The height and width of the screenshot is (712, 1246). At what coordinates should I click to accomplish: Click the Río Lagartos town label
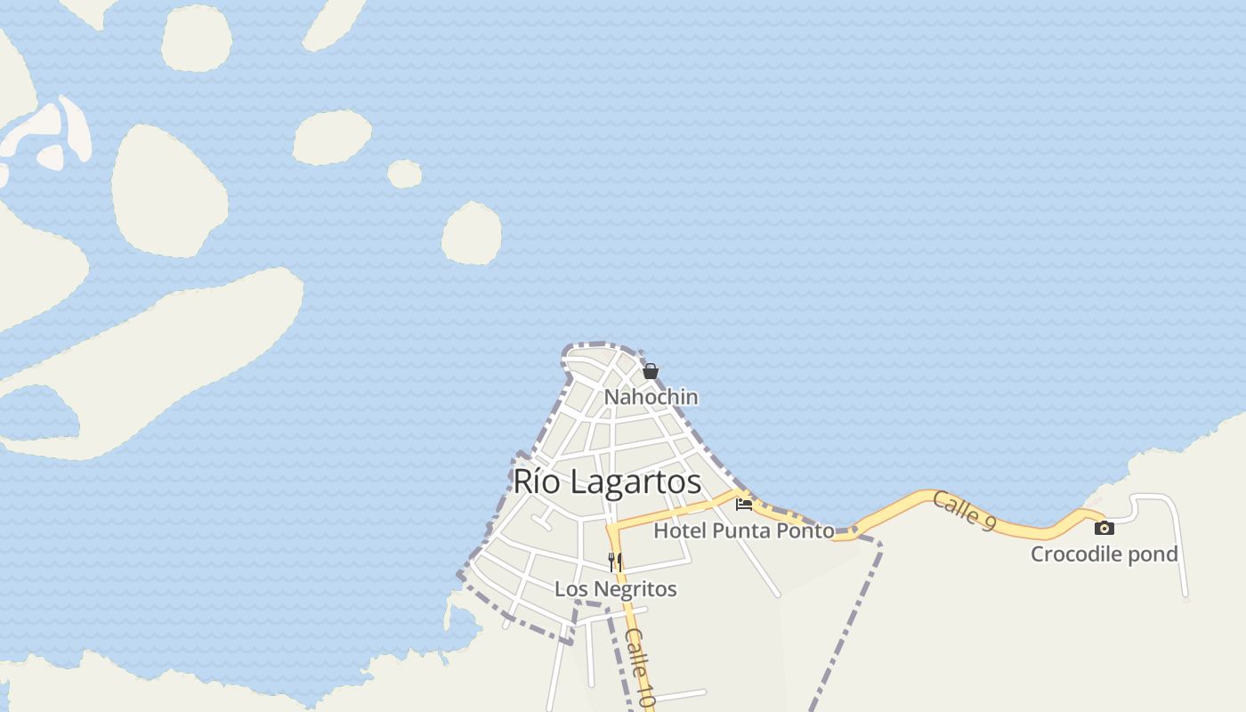[x=607, y=481]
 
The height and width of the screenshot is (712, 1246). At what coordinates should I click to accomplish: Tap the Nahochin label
[x=651, y=397]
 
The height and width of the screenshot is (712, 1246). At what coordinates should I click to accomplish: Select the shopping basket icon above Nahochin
[x=651, y=371]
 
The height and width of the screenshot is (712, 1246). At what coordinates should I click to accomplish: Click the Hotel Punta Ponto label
[x=744, y=531]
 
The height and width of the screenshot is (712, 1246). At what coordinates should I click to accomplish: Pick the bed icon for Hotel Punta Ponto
[x=744, y=505]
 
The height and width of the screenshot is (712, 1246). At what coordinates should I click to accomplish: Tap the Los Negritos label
[x=615, y=589]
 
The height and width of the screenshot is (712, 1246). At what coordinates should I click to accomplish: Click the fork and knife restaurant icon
[x=615, y=562]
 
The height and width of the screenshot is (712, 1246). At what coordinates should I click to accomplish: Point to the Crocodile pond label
[x=1104, y=554]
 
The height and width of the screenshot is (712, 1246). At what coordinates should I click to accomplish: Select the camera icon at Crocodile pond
[x=1104, y=528]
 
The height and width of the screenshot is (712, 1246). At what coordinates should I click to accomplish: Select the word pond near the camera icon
[x=1153, y=554]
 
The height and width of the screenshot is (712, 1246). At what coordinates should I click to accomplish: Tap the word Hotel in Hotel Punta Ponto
[x=680, y=531]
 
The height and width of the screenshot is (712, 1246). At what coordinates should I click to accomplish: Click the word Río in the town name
[x=536, y=481]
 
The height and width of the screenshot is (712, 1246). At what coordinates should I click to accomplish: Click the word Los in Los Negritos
[x=569, y=589]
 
